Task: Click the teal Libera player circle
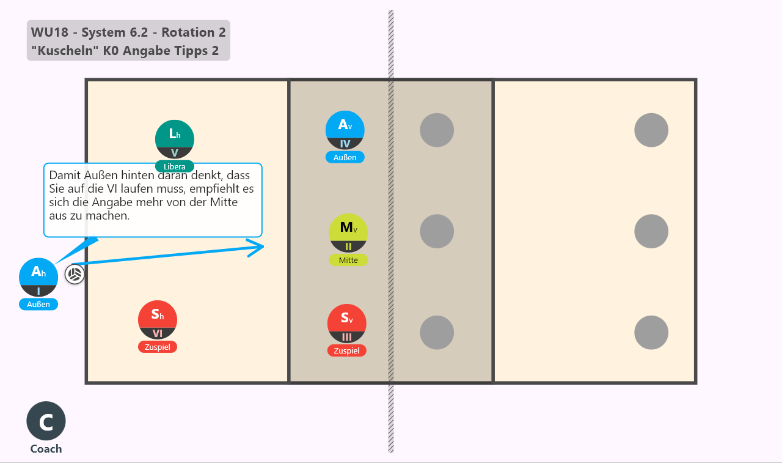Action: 175,139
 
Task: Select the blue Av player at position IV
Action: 345,130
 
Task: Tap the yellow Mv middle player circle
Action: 348,233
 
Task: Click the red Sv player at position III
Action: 346,324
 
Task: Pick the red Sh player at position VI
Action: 158,320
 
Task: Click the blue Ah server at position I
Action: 38,278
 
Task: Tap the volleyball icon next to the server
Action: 75,274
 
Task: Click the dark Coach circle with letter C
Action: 46,421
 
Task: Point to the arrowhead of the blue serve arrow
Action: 263,246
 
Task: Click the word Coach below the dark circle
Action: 46,449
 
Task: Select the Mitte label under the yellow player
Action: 348,261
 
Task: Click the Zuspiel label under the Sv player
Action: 346,351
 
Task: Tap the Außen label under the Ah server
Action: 38,305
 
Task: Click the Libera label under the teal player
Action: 175,166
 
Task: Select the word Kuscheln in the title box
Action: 65,51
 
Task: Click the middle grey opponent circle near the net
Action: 437,231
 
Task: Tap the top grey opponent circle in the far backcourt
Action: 651,130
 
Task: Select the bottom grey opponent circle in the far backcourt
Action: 651,333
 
